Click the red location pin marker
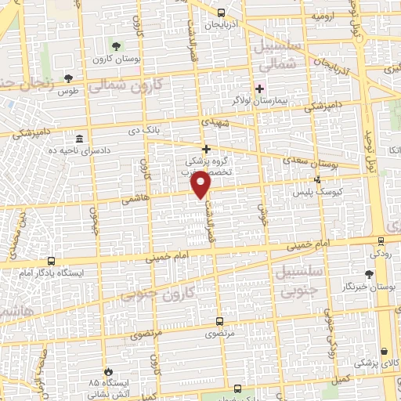202,185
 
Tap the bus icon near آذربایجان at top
222,13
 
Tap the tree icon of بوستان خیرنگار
368,274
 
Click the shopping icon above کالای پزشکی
384,352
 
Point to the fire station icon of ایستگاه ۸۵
109,371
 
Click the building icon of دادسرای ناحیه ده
79,138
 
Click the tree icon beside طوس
69,78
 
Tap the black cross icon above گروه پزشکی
206,149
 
